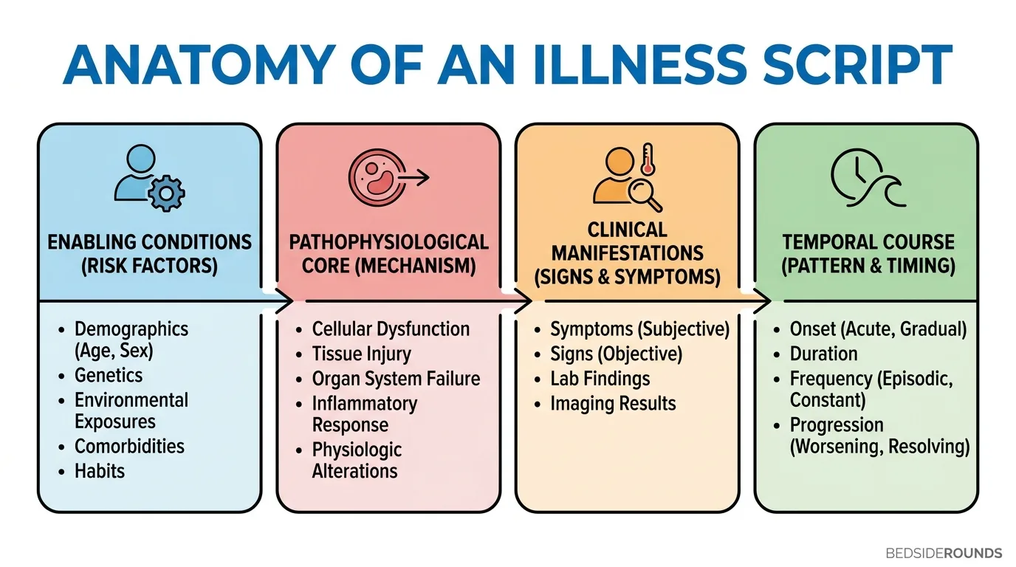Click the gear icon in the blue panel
pos(166,193)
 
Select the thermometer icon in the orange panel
pos(648,159)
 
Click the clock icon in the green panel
pos(856,174)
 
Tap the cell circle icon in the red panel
pos(377,177)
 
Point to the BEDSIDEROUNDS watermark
pos(944,553)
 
